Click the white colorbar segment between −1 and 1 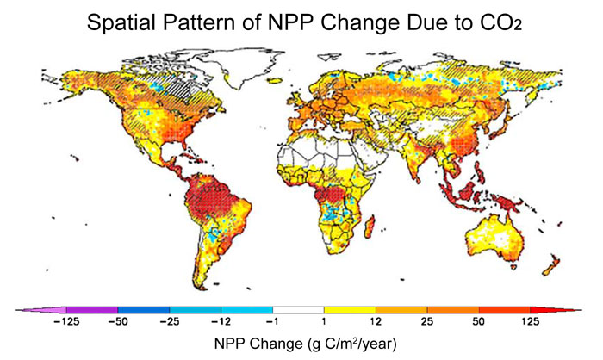click(299, 307)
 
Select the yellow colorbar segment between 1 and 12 click(351, 307)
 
